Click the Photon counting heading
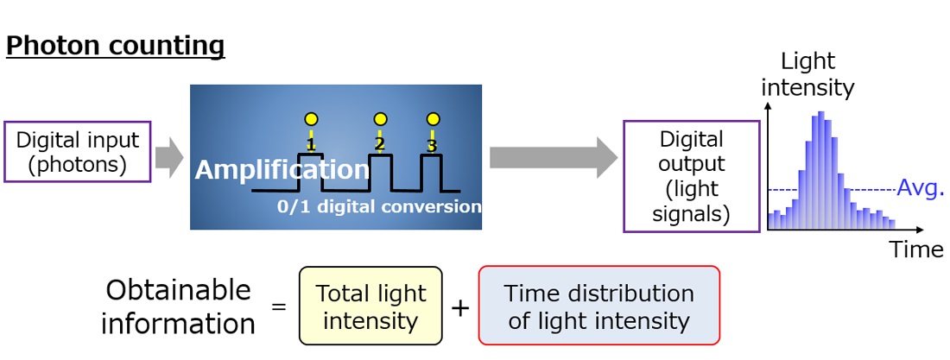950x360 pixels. pyautogui.click(x=115, y=46)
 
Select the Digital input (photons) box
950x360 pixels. pyautogui.click(x=78, y=152)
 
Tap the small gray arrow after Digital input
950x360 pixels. pyautogui.click(x=169, y=156)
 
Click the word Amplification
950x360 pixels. pyautogui.click(x=282, y=170)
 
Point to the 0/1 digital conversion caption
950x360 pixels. pyautogui.click(x=379, y=207)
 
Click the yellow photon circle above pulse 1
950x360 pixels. pyautogui.click(x=311, y=118)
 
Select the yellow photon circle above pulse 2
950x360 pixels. pyautogui.click(x=379, y=118)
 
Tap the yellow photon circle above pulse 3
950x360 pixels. pyautogui.click(x=433, y=118)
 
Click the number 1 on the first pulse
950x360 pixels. pyautogui.click(x=311, y=144)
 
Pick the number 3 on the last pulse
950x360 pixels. pyautogui.click(x=433, y=144)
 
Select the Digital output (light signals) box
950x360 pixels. pyautogui.click(x=691, y=176)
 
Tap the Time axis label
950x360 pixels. pyautogui.click(x=916, y=250)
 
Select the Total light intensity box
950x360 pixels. pyautogui.click(x=370, y=306)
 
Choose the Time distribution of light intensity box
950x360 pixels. pyautogui.click(x=598, y=306)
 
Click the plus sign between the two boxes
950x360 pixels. pyautogui.click(x=460, y=308)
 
